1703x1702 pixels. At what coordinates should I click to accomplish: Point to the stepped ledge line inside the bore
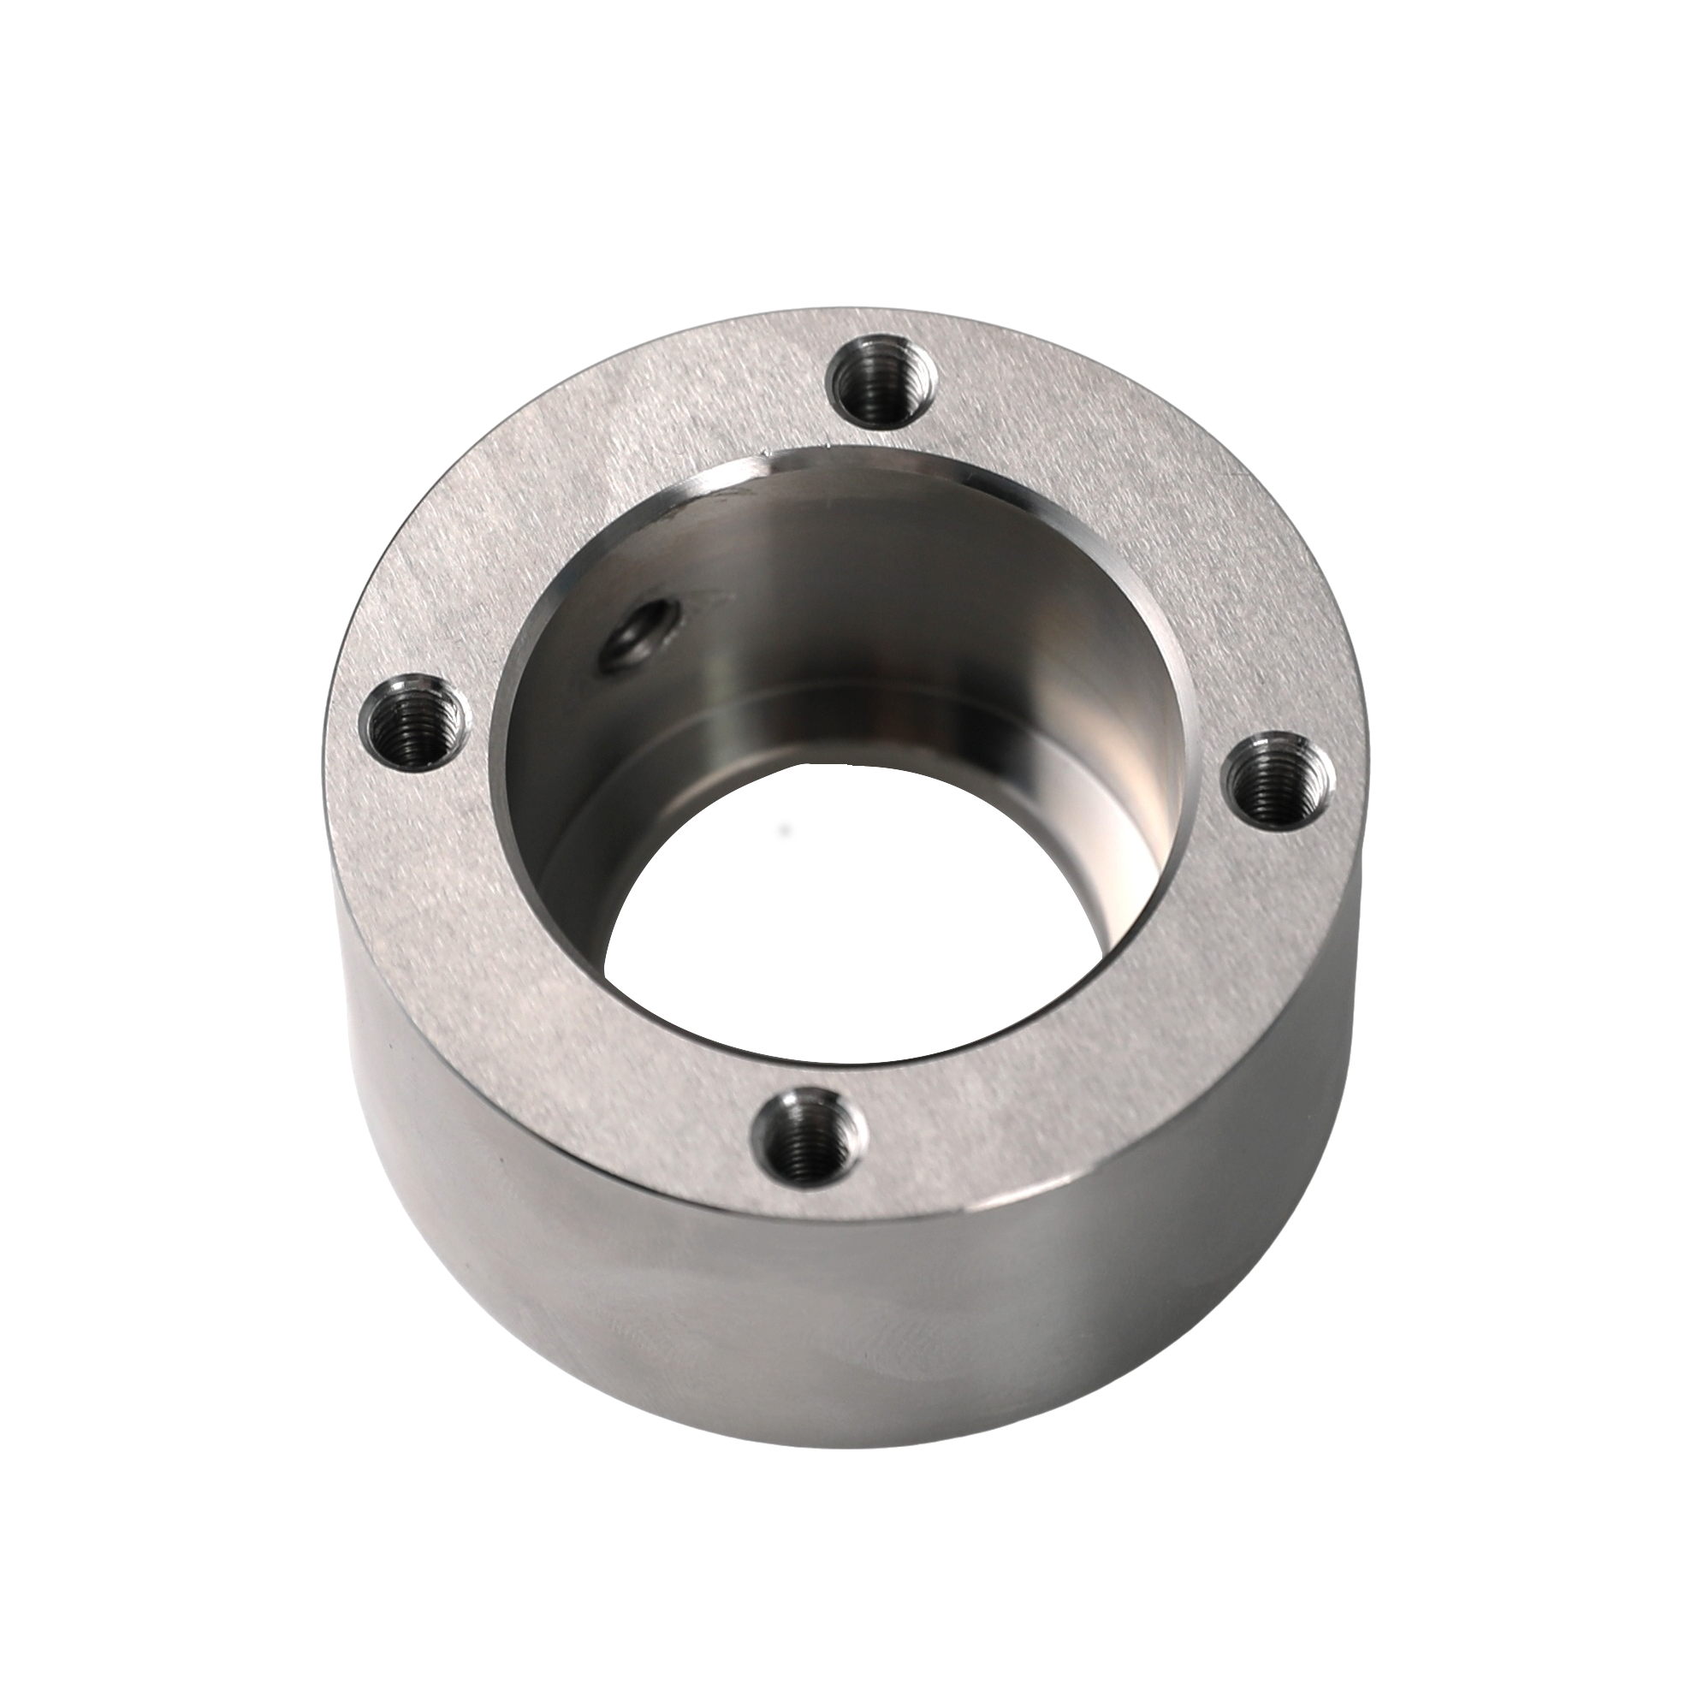point(881,705)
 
